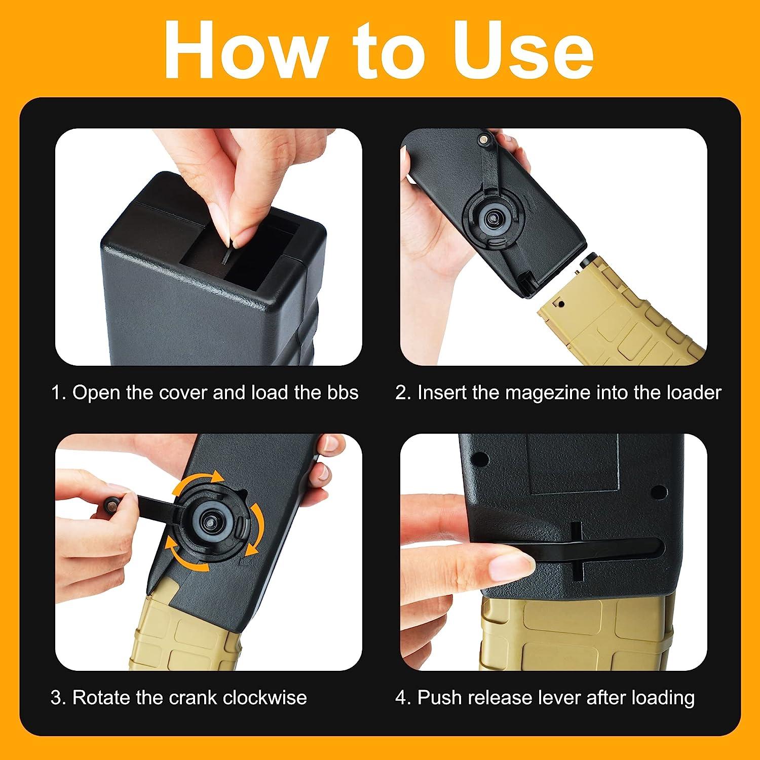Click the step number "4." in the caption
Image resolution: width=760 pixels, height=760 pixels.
(x=403, y=698)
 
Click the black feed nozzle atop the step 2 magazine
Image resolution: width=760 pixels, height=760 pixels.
(x=589, y=260)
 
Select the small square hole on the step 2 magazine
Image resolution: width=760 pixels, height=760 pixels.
(x=561, y=303)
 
